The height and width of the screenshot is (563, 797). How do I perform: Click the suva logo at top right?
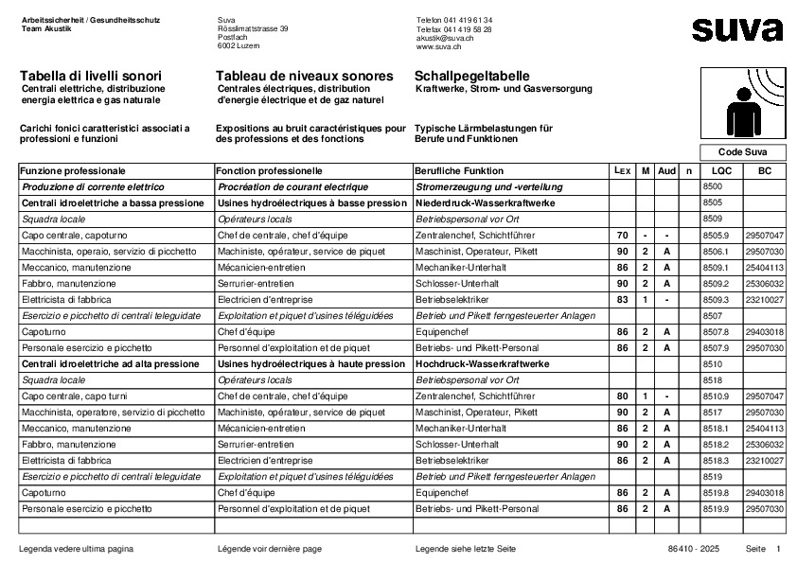(x=736, y=29)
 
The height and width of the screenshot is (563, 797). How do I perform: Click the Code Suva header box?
(x=743, y=152)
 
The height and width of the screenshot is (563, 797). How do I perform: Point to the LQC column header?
(x=721, y=171)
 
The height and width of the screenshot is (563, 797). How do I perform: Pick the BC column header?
(x=764, y=171)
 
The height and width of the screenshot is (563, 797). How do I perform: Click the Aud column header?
(x=666, y=171)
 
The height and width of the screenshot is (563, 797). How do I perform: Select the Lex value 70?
(x=622, y=235)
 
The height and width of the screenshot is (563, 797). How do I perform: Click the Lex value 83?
(x=622, y=299)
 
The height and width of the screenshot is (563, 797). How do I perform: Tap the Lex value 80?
(x=622, y=396)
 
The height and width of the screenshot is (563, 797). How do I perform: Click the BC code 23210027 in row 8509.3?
(x=764, y=299)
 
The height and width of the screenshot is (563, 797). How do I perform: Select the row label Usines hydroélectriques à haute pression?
(x=311, y=363)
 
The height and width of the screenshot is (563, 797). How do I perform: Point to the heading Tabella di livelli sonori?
(x=91, y=76)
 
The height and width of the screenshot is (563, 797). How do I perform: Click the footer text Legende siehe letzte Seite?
(x=465, y=549)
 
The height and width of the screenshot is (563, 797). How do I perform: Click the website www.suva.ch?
(x=438, y=45)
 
